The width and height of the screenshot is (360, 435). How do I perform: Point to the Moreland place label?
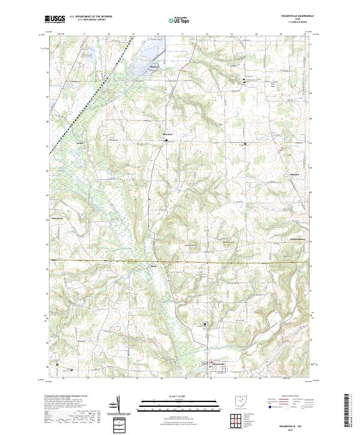[167, 134]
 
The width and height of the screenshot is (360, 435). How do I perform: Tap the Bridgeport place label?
[58, 218]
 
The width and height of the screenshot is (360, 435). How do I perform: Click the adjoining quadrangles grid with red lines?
[236, 422]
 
